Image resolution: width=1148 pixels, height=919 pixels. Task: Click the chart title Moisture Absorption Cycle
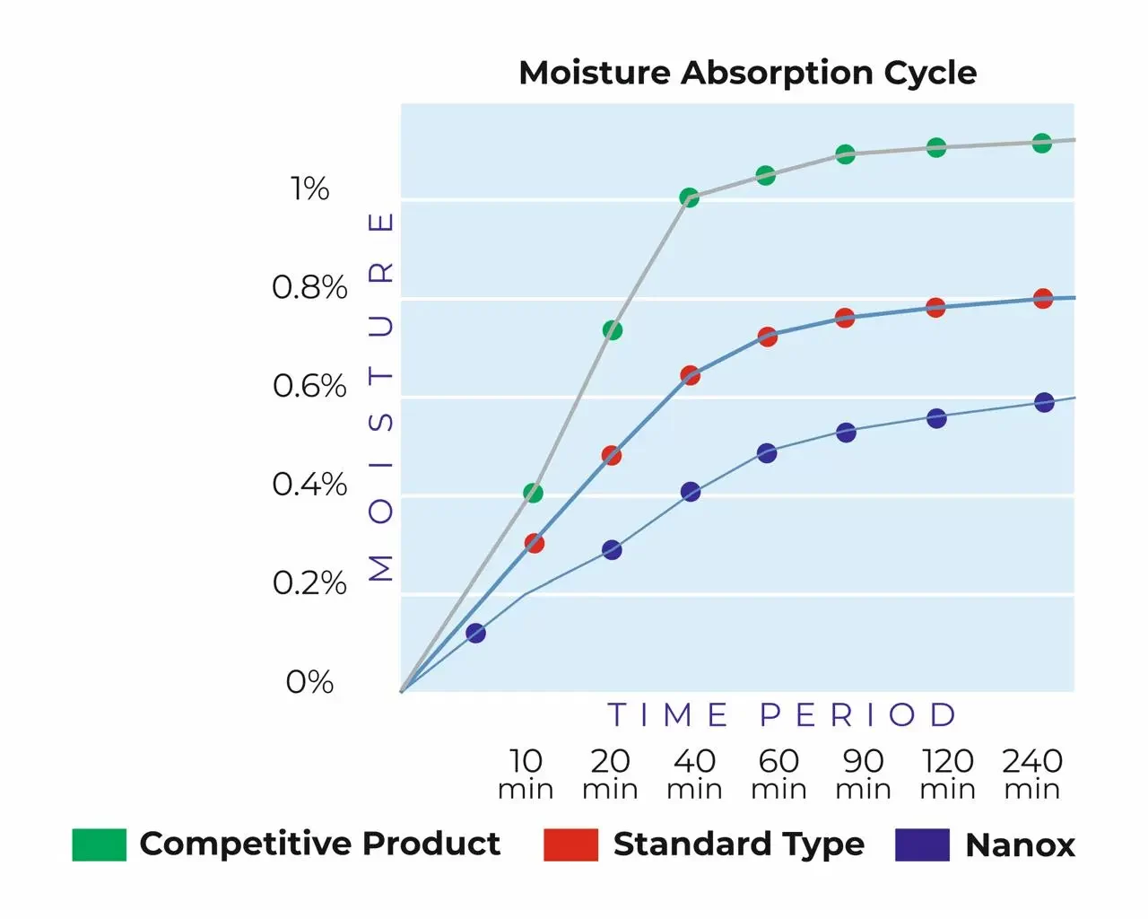click(x=747, y=73)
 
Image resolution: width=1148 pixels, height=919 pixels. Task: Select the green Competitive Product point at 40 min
click(x=689, y=197)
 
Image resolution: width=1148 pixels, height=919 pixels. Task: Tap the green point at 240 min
click(x=1041, y=143)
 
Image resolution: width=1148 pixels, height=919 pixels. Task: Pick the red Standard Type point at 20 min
click(x=611, y=455)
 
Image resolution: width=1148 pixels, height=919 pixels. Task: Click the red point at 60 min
click(x=767, y=337)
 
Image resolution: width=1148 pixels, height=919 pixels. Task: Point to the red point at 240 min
click(x=1042, y=299)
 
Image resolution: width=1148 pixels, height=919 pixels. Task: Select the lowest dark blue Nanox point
click(x=476, y=633)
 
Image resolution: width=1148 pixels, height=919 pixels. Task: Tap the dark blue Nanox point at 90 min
click(x=846, y=433)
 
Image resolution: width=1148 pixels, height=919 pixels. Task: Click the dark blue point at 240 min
click(x=1044, y=402)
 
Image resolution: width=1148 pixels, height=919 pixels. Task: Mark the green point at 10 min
click(x=533, y=493)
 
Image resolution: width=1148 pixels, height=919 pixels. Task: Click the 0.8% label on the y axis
click(x=309, y=288)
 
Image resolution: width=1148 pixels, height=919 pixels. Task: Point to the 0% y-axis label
click(x=309, y=682)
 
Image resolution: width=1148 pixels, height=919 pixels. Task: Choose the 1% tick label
click(x=309, y=189)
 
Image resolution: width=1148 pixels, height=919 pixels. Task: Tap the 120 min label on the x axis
click(x=947, y=774)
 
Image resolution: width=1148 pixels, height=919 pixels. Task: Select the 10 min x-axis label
click(x=526, y=774)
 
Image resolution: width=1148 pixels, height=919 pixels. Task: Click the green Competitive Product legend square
click(x=99, y=845)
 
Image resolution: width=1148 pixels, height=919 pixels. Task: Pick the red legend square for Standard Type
click(x=570, y=845)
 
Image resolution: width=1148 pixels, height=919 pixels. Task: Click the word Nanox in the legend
click(x=1020, y=845)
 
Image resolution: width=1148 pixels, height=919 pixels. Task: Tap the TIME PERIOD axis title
click(x=782, y=715)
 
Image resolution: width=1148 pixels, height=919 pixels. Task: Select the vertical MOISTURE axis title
click(x=381, y=396)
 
